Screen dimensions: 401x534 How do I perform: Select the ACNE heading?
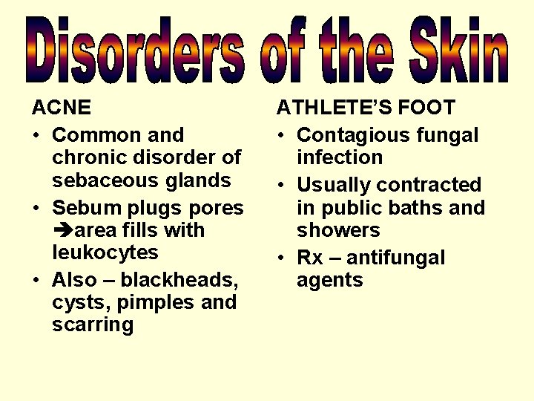62,108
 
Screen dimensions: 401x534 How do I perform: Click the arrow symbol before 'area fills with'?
60,231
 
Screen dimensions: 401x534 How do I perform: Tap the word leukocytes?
105,252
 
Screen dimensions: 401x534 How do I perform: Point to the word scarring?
93,325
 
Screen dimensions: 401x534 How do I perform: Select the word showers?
338,230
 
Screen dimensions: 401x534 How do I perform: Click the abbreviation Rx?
310,258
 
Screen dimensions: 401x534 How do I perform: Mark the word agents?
330,280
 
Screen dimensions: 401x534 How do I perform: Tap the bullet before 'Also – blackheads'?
36,281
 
